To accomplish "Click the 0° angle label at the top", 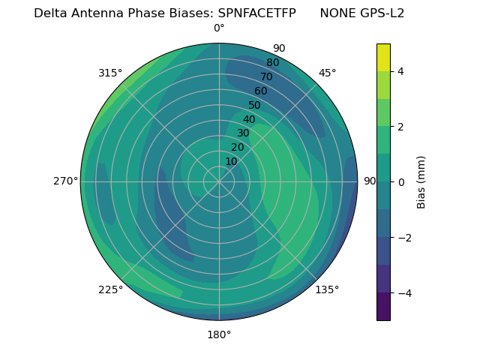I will (x=219, y=28).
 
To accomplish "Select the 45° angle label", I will (x=327, y=73).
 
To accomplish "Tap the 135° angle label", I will (x=327, y=289).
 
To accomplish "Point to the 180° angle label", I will (x=219, y=334).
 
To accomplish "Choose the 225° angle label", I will (x=110, y=289).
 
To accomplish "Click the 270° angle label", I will (x=65, y=181).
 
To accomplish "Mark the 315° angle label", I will (x=110, y=73).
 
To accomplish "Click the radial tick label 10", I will (x=231, y=162).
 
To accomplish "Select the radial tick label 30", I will (x=243, y=133).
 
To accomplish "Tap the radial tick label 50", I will (x=255, y=106).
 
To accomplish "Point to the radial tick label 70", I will (x=267, y=76).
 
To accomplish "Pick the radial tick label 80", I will (x=273, y=63).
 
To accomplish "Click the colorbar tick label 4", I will (x=400, y=71).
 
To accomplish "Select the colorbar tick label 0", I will (x=400, y=182).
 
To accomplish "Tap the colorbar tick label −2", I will (x=403, y=238).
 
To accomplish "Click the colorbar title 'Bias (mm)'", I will (x=421, y=182).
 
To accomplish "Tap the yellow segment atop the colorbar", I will (x=383, y=58).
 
